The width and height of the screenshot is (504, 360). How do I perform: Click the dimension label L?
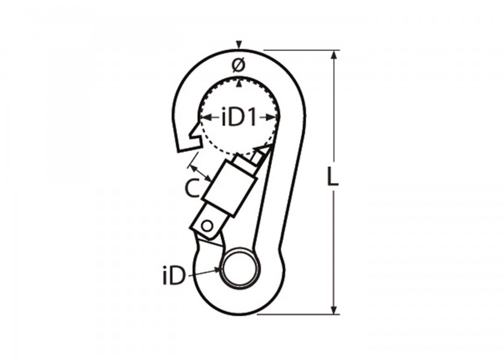[x=332, y=176]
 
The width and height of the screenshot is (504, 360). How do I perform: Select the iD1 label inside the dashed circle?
[x=239, y=118]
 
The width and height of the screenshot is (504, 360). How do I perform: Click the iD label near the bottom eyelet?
[x=175, y=276]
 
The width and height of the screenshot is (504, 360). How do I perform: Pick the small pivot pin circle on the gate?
[x=208, y=226]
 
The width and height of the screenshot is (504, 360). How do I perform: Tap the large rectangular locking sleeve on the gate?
[x=230, y=189]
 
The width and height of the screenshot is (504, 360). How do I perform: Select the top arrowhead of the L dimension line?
[x=335, y=55]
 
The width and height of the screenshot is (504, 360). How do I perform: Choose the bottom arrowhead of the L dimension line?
[x=335, y=310]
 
